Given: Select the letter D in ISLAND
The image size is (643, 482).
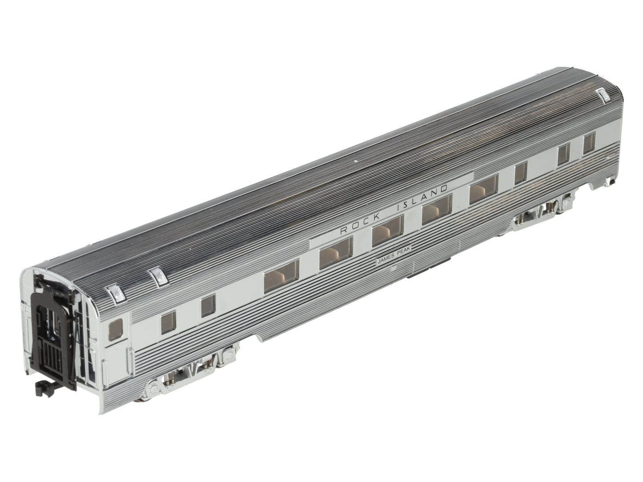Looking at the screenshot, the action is tap(444, 189).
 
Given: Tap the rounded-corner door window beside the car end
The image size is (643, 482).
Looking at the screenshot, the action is tap(116, 329).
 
